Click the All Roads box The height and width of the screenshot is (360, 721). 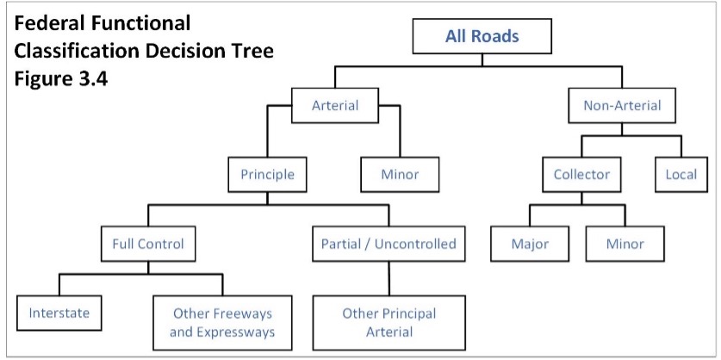click(482, 36)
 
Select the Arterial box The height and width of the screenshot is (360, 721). click(335, 105)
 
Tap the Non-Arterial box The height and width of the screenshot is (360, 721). click(622, 105)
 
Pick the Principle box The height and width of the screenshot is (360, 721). click(267, 175)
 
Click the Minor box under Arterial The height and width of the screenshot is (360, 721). click(400, 175)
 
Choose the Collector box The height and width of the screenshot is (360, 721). click(581, 175)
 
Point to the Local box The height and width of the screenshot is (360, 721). click(681, 175)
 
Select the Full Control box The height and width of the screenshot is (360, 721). click(148, 244)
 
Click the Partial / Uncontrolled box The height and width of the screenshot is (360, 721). click(388, 244)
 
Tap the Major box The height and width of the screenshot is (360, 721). click(530, 244)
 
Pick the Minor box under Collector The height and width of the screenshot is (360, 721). click(625, 244)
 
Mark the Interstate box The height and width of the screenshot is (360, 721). click(59, 313)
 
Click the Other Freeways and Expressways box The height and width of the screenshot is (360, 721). click(222, 323)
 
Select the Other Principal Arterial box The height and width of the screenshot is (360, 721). click(389, 323)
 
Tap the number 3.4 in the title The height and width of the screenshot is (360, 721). click(91, 79)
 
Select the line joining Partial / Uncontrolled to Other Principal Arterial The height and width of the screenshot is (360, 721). click(389, 279)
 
